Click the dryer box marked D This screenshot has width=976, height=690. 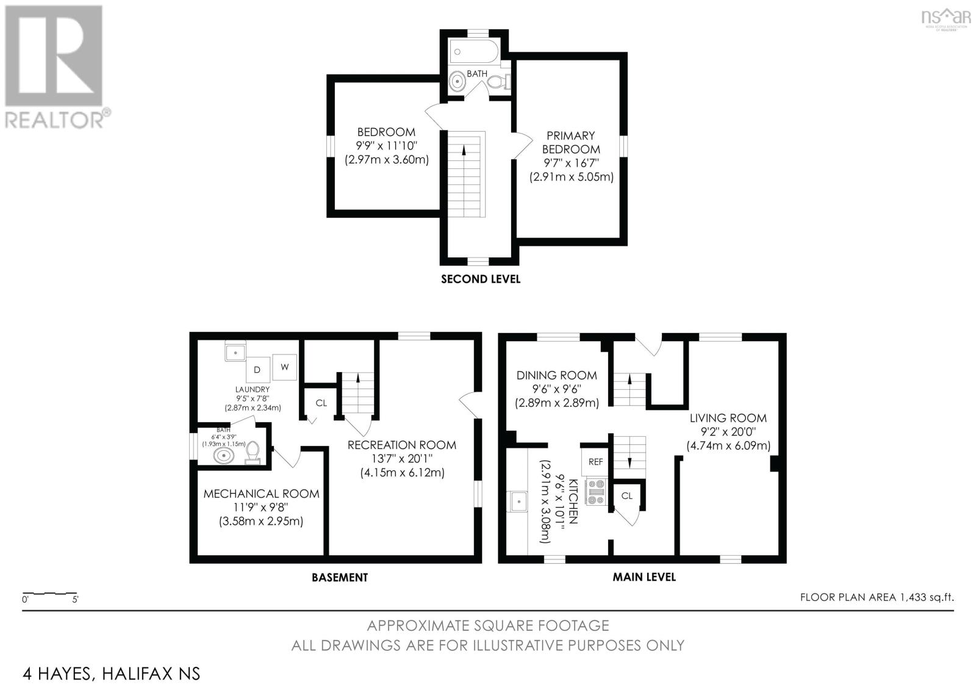click(257, 370)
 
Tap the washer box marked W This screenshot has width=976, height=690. click(284, 367)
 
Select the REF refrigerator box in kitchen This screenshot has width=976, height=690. click(595, 462)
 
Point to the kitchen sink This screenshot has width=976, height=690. click(518, 501)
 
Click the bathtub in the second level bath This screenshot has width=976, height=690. click(475, 53)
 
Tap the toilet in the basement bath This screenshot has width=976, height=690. click(253, 451)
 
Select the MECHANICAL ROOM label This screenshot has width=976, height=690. click(261, 494)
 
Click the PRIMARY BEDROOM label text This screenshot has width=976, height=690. click(571, 142)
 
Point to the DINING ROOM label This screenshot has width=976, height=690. click(556, 375)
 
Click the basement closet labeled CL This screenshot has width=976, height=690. click(321, 403)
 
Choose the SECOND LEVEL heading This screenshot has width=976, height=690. click(481, 279)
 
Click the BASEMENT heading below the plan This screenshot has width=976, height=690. click(340, 577)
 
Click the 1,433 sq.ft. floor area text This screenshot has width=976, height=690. click(877, 597)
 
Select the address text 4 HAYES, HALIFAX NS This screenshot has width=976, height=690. click(111, 674)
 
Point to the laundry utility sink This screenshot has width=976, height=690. click(235, 353)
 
